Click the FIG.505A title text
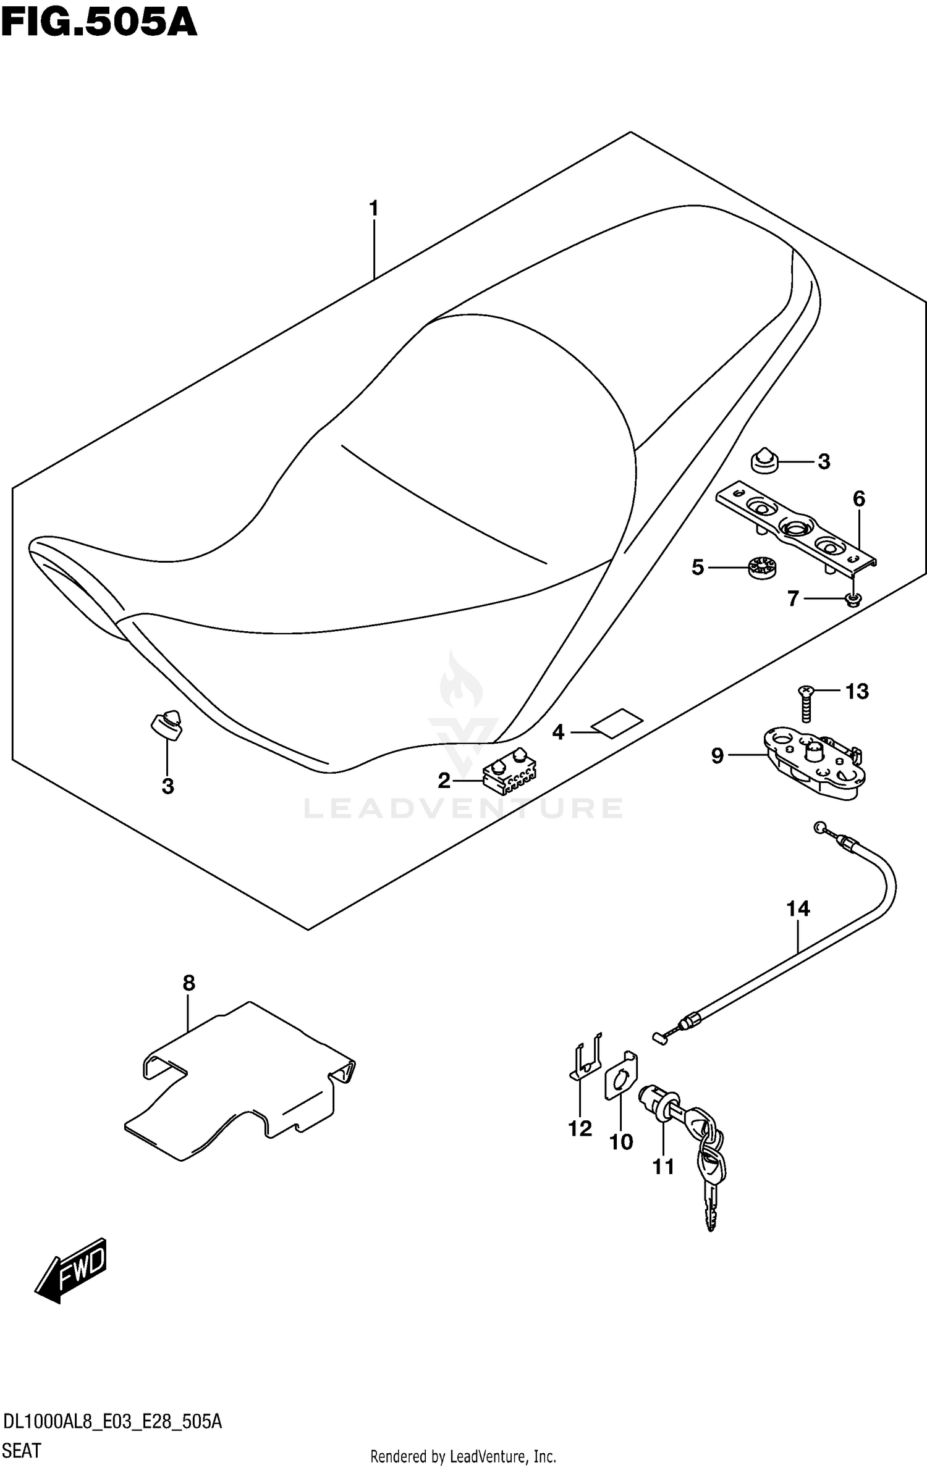[x=99, y=23]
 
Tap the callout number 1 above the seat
[x=373, y=209]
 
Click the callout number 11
[x=663, y=1166]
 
